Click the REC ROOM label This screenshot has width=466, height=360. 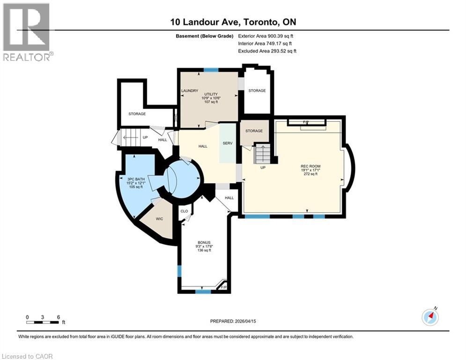(x=311, y=166)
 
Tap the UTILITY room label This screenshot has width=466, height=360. (x=210, y=94)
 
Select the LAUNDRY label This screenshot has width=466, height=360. (x=190, y=91)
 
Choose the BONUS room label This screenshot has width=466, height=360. (x=204, y=242)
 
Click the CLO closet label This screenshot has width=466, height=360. (x=184, y=211)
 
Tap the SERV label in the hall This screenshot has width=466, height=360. (x=228, y=143)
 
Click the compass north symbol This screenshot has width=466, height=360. (x=429, y=317)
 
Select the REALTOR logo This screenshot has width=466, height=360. (x=27, y=32)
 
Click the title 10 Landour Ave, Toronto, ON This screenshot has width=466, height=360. (x=233, y=22)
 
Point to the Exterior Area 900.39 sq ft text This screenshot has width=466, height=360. (x=266, y=36)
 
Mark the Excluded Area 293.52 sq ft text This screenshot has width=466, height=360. (x=267, y=51)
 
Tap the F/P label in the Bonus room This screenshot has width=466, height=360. (x=223, y=287)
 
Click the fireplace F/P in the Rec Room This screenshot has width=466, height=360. (x=306, y=123)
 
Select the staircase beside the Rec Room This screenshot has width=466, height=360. (x=263, y=154)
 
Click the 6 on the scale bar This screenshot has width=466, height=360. (x=58, y=317)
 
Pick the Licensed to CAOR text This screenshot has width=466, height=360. (x=28, y=356)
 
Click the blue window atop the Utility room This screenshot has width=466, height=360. (x=211, y=70)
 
